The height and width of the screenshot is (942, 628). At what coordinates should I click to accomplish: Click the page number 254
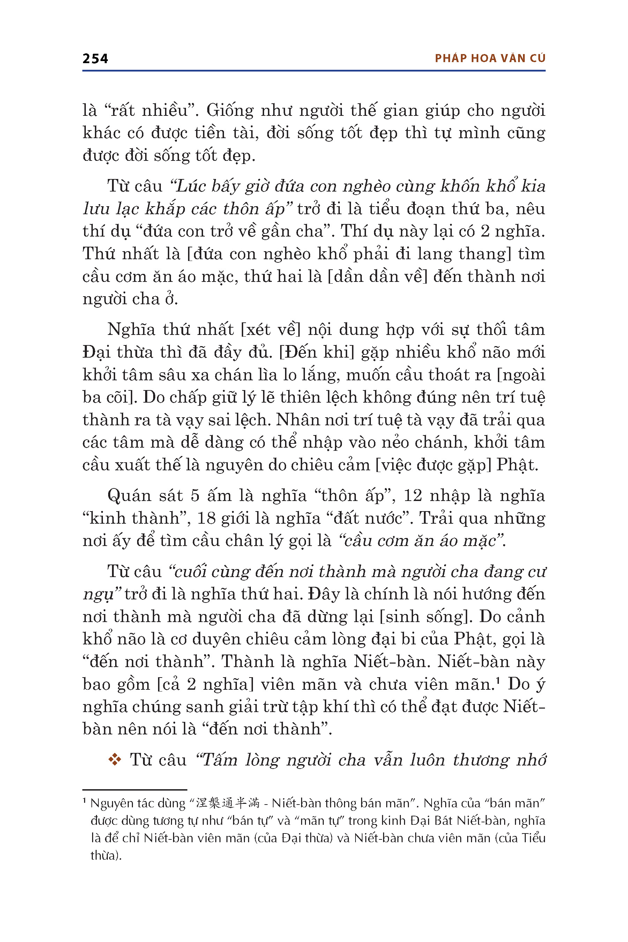(x=95, y=59)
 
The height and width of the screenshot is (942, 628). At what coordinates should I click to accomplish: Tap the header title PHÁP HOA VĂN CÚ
(x=490, y=59)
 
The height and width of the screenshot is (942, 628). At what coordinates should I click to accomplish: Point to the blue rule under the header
(x=314, y=71)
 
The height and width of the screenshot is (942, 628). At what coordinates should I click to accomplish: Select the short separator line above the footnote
(x=135, y=790)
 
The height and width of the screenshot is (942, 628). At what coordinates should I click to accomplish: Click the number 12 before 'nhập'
(x=412, y=496)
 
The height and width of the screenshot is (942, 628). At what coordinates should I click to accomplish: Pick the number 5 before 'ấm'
(x=195, y=496)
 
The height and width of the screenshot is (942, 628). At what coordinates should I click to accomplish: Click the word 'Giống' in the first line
(x=230, y=110)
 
